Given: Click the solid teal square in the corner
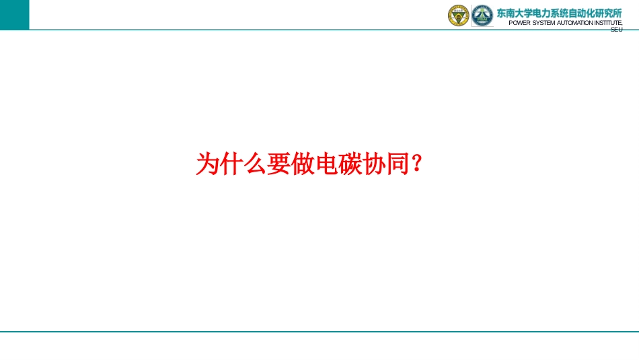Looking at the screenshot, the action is [15, 15].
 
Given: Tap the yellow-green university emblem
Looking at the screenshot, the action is [459, 15].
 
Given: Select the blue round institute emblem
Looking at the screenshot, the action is [482, 15].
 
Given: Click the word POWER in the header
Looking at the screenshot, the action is [519, 23].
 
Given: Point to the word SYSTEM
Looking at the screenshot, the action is [543, 23].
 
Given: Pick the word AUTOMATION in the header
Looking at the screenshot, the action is [574, 23].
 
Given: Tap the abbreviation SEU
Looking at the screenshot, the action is [617, 30].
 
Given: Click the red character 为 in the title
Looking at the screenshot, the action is [207, 164].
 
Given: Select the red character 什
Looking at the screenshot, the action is [231, 164].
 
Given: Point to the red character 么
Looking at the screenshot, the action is [255, 164].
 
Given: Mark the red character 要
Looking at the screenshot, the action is [278, 164].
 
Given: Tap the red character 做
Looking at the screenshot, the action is [303, 164].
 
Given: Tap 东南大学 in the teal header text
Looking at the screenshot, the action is [515, 13].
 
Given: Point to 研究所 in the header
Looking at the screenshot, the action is [609, 13].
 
